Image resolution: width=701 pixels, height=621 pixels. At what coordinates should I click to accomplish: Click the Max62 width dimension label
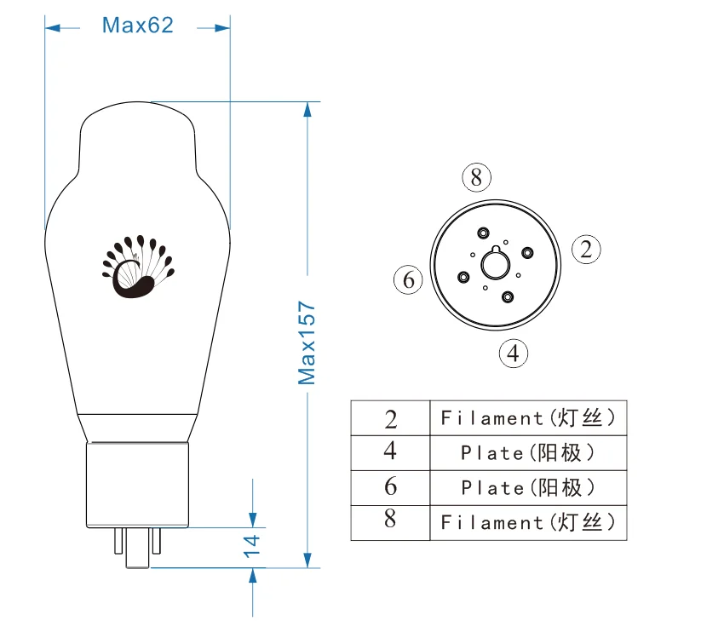(x=137, y=25)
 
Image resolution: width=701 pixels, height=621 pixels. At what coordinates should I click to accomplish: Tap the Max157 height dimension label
(x=307, y=342)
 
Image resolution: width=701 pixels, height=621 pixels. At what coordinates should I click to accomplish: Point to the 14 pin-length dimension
(x=251, y=546)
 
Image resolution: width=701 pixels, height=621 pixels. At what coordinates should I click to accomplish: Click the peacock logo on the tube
(x=138, y=267)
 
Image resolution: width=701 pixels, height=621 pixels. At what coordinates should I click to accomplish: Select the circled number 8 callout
(x=477, y=177)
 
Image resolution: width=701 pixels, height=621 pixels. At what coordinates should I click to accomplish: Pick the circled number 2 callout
(x=586, y=249)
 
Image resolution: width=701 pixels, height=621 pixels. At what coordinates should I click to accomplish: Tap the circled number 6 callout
(x=408, y=280)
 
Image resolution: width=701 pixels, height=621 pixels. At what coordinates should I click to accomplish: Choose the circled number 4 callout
(x=514, y=354)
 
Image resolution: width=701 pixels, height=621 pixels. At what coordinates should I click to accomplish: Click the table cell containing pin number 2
(x=390, y=418)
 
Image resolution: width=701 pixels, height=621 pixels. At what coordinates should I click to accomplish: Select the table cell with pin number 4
(x=390, y=453)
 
